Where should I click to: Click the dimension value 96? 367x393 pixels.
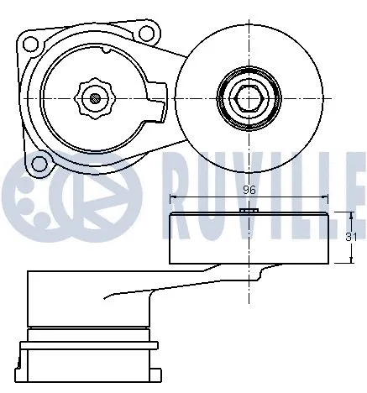point(249,191)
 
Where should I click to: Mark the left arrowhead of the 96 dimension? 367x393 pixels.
point(173,199)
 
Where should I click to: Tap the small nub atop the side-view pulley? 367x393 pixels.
point(246,210)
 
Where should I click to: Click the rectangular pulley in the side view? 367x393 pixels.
point(249,238)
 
